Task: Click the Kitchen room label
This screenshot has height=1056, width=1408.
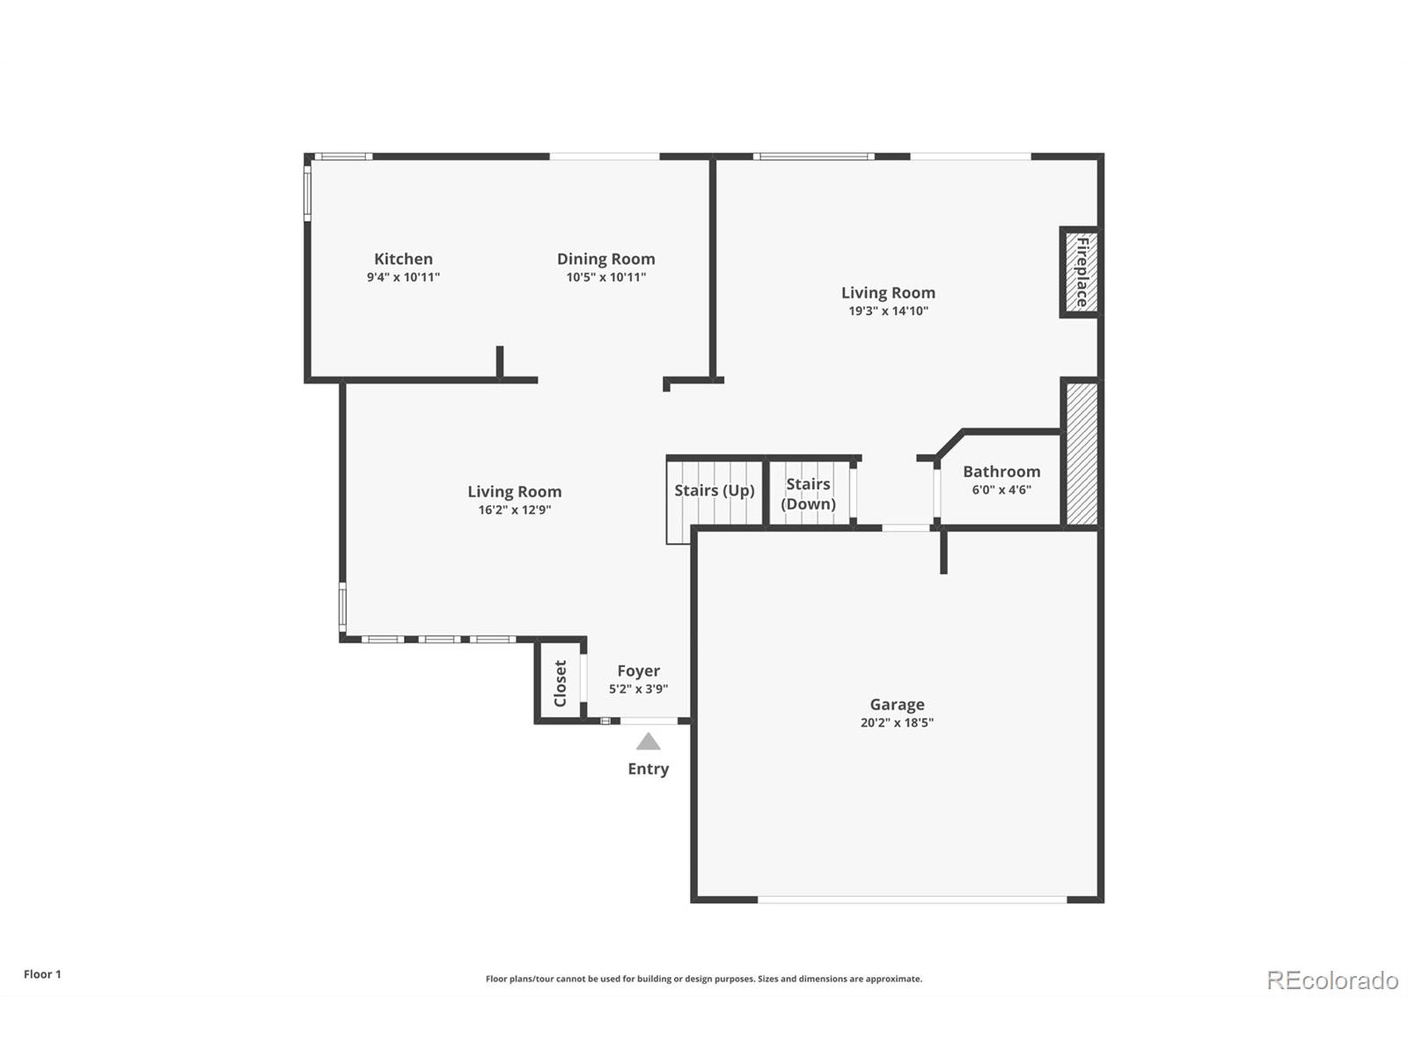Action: pyautogui.click(x=403, y=259)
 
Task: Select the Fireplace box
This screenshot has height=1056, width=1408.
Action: pyautogui.click(x=1081, y=272)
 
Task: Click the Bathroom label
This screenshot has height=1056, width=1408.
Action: pyautogui.click(x=1001, y=472)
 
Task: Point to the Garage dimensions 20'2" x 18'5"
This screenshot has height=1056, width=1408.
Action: pyautogui.click(x=897, y=723)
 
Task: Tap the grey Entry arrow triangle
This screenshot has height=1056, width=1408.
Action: pyautogui.click(x=648, y=742)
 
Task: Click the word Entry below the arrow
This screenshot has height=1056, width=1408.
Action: pyautogui.click(x=648, y=769)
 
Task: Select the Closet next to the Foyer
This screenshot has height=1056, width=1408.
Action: pyautogui.click(x=559, y=683)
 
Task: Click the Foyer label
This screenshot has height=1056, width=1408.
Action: pyautogui.click(x=639, y=671)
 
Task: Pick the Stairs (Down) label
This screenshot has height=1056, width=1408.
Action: pyautogui.click(x=808, y=494)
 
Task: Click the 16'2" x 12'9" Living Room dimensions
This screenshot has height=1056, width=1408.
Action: pyautogui.click(x=514, y=510)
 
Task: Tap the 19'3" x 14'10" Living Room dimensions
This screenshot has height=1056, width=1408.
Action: pyautogui.click(x=888, y=311)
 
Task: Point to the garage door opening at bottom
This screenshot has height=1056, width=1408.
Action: pyautogui.click(x=911, y=899)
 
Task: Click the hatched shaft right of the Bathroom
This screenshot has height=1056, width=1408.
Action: pyautogui.click(x=1081, y=454)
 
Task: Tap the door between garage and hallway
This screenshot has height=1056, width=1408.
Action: pyautogui.click(x=906, y=527)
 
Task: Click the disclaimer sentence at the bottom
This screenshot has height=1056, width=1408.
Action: pyautogui.click(x=703, y=979)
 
